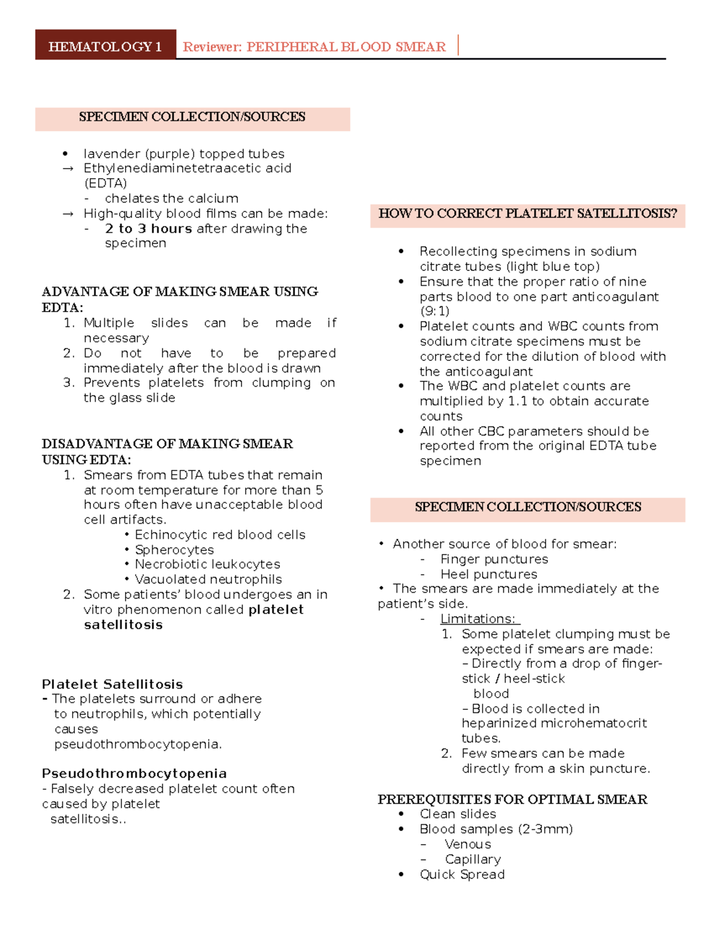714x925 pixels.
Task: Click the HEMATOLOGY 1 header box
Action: pos(105,46)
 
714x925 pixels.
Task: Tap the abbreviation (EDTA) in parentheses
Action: pos(105,183)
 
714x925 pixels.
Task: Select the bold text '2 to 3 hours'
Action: pos(148,229)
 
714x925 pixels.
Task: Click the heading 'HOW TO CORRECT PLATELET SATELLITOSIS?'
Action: pos(527,214)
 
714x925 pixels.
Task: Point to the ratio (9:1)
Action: pos(434,312)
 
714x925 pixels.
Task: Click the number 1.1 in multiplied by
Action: pos(518,401)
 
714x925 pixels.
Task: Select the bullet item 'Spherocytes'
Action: pos(174,550)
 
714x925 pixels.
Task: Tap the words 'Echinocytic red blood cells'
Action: pos(220,535)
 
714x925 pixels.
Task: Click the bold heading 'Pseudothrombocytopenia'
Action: pos(134,774)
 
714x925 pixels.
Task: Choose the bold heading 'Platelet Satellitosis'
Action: pos(112,684)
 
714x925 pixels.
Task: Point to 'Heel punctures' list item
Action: pos(488,574)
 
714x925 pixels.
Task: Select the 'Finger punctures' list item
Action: pos(494,559)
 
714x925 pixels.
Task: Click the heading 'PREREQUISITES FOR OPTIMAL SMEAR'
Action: pos(512,799)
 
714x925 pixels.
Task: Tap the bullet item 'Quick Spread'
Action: pos(462,874)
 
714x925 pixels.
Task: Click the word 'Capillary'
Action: pos(472,859)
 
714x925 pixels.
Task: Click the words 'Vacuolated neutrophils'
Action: pos(208,580)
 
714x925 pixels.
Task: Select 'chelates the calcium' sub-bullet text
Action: pos(171,198)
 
